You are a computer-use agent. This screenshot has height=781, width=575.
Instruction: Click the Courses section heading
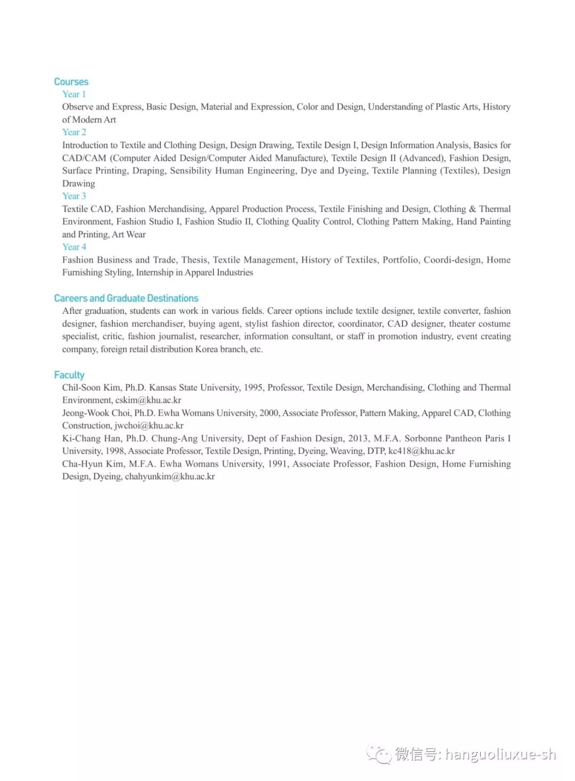point(71,82)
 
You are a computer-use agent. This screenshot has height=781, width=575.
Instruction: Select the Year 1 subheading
point(74,94)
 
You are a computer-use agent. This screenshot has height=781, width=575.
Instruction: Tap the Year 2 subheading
point(74,132)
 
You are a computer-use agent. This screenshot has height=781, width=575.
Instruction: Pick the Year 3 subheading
point(74,196)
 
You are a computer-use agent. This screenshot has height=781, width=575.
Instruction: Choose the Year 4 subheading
point(74,247)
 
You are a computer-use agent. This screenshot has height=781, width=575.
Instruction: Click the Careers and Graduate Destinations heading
point(126,298)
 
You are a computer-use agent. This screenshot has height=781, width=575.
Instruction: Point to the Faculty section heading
point(69,375)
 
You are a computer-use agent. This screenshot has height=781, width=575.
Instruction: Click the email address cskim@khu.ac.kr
point(148,400)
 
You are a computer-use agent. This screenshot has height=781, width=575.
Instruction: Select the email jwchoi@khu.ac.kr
point(149,426)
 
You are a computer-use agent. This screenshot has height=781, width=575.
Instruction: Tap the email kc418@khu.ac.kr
point(421,451)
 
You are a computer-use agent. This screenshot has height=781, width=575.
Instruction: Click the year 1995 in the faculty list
point(253,387)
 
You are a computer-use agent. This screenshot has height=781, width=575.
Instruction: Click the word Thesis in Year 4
point(194,260)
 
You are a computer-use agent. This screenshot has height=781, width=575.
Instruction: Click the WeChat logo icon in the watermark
point(379,754)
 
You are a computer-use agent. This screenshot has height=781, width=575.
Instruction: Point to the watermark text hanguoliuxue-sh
point(500,754)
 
